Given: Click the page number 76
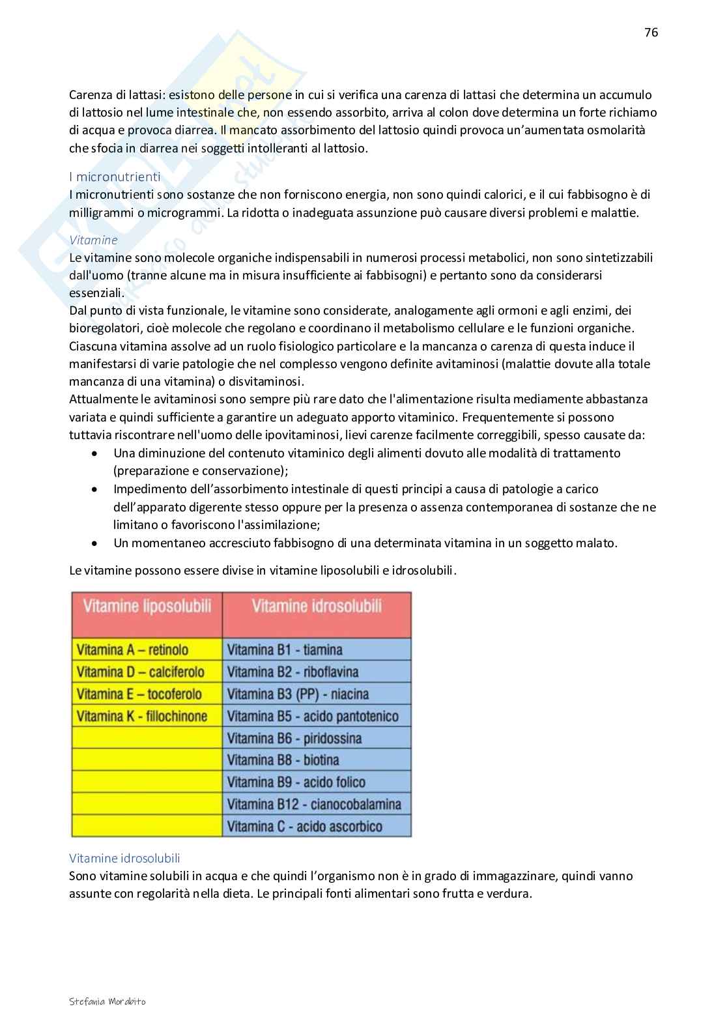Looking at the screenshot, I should coord(651,33).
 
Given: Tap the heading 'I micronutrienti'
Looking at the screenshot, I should coord(115,177).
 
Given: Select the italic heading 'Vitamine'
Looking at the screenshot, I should coord(93,240).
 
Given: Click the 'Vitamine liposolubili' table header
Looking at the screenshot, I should coord(147,607).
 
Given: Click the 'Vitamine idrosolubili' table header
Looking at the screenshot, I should coord(317,607).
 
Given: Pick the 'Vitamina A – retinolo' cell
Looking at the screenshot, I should coord(132,650).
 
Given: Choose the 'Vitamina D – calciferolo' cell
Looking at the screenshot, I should coord(140,672).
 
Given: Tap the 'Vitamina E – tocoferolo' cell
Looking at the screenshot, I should coord(139,694).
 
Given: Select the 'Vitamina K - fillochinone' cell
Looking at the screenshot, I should coord(141,716).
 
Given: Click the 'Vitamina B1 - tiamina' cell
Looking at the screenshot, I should coord(285,650).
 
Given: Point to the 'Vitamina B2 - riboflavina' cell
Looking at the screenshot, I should coord(293,672).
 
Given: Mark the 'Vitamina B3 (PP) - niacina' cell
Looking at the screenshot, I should coord(298,694).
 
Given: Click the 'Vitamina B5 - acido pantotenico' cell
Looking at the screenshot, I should coord(313,716).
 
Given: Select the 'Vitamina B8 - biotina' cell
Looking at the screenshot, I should coord(283,760).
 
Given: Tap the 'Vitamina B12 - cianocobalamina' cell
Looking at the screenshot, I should coord(314,804).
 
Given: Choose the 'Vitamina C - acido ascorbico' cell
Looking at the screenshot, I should coord(305,826).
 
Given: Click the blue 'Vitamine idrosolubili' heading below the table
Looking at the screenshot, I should coord(124,859).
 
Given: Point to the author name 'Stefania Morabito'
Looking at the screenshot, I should coord(107,1001).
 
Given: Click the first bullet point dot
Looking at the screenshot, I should coord(96,453).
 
